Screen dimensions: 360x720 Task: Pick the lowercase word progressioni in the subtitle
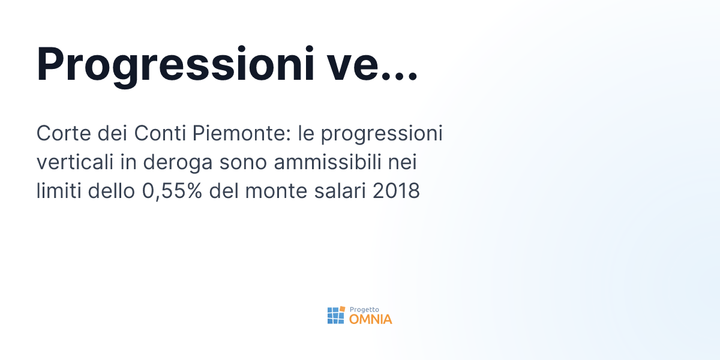tap(382, 134)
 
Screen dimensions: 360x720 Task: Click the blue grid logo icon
tap(336, 315)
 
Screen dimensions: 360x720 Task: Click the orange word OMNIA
tap(370, 319)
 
